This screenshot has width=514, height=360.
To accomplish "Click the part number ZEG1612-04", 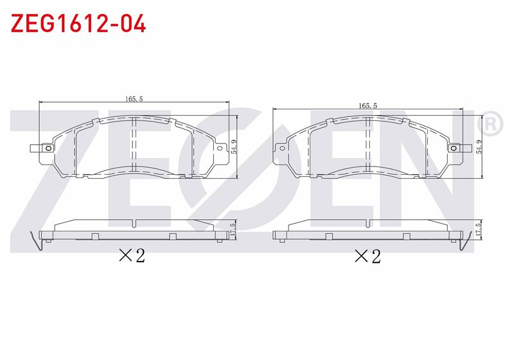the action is pos(78,23).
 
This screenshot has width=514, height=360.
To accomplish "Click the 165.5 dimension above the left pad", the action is pos(134,99).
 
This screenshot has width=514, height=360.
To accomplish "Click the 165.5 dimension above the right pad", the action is pos(368,105).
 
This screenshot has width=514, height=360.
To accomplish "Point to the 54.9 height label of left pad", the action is pos(234,147).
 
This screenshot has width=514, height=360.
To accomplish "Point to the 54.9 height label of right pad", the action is pos(479,147).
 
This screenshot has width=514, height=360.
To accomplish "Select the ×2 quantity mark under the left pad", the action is pos(132,255).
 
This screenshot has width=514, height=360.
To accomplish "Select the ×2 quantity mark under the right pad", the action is pos(368,256).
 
